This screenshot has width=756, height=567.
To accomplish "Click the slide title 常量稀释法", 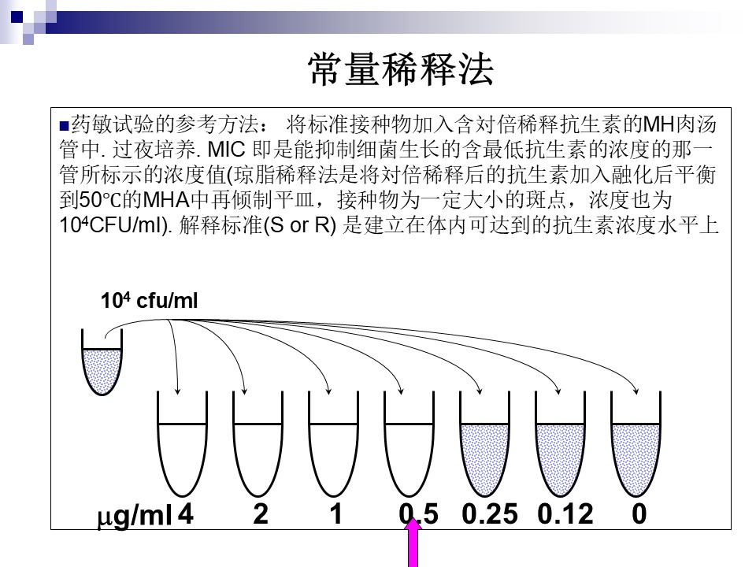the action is click(401, 69).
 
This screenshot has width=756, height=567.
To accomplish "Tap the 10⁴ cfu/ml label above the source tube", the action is click(149, 300).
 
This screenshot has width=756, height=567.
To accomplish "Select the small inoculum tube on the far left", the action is click(102, 362).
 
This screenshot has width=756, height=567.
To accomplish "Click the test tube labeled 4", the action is click(182, 444).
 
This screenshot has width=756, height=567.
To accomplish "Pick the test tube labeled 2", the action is click(258, 444).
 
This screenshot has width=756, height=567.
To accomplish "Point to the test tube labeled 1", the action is click(333, 444).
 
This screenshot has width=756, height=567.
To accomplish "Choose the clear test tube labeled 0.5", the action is click(409, 444).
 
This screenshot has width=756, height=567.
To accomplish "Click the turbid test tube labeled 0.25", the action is click(484, 444).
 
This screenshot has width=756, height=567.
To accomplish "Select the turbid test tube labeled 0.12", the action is click(560, 444).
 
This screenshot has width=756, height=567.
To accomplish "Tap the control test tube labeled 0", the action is click(636, 444).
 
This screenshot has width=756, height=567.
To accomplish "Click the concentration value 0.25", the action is click(490, 514).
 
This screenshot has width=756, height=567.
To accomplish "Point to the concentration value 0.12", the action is click(565, 514).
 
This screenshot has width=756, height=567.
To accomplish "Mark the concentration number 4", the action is click(186, 514).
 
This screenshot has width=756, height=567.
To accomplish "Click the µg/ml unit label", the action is click(135, 517).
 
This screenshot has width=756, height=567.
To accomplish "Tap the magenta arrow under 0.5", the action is click(413, 542).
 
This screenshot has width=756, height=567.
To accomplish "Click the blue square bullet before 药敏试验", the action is click(64, 126).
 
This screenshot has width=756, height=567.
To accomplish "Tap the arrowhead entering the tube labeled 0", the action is click(636, 391).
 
